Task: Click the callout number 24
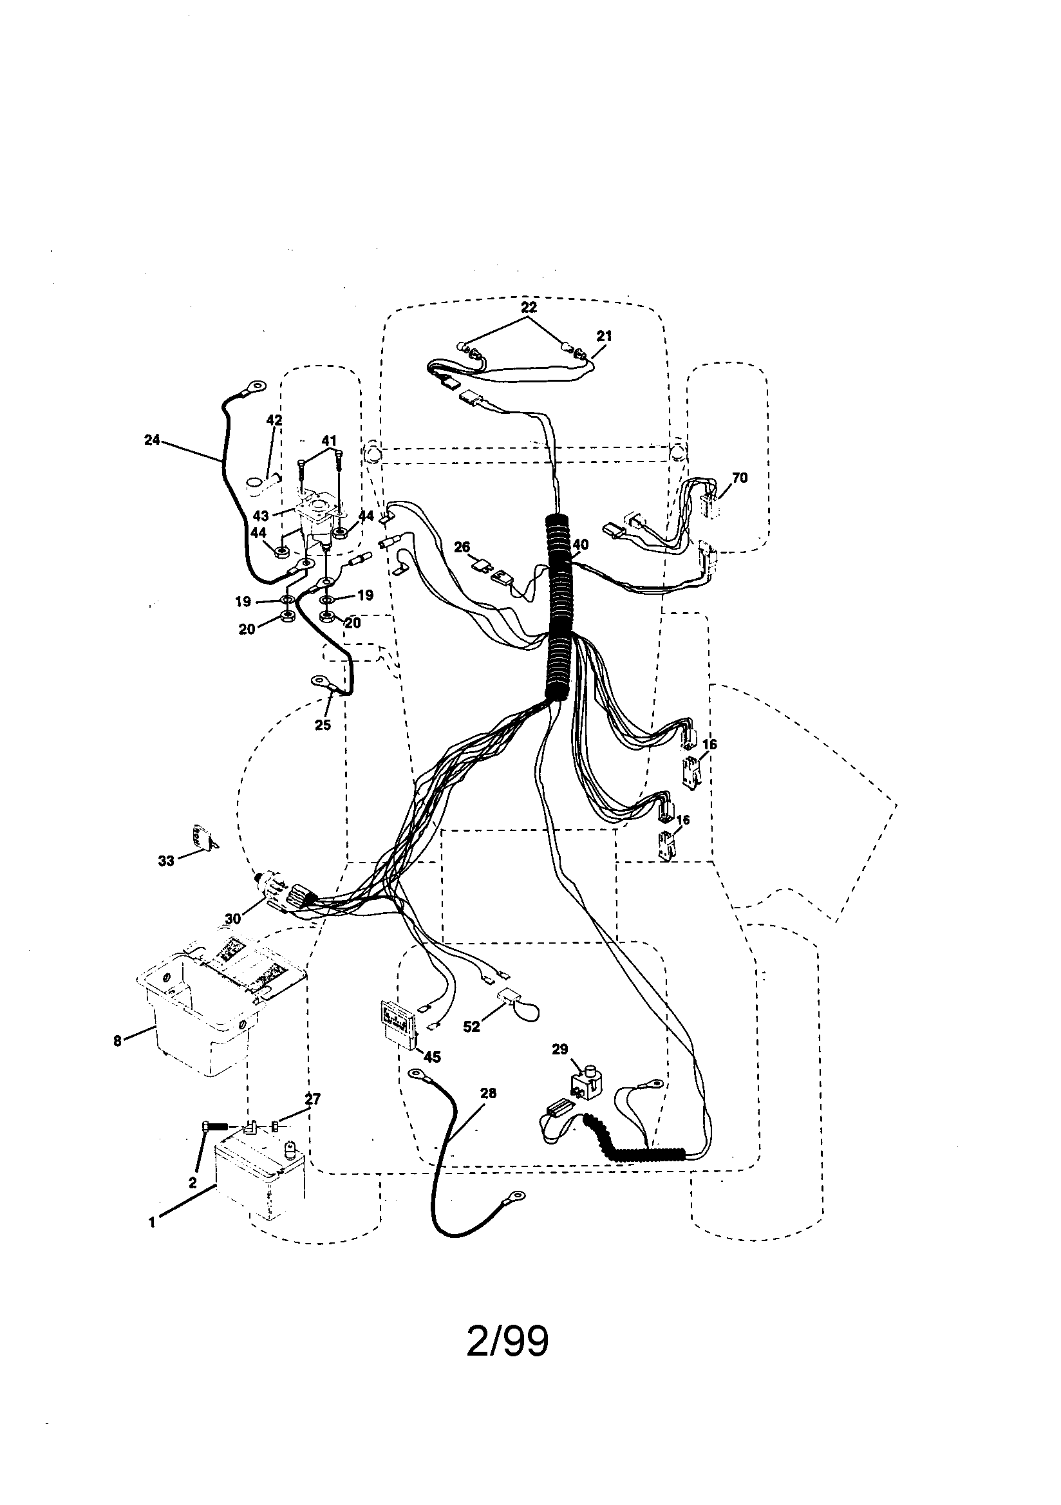pyautogui.click(x=151, y=440)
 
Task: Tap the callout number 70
pyautogui.click(x=739, y=478)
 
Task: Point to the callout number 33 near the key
pyautogui.click(x=166, y=861)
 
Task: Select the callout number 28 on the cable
pyautogui.click(x=488, y=1094)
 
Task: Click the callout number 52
pyautogui.click(x=471, y=1027)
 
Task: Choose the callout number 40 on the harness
pyautogui.click(x=580, y=545)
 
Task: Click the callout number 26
pyautogui.click(x=462, y=547)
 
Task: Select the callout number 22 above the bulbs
pyautogui.click(x=529, y=307)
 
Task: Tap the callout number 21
pyautogui.click(x=604, y=336)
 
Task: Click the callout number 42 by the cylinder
pyautogui.click(x=274, y=420)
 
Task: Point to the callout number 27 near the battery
pyautogui.click(x=313, y=1099)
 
